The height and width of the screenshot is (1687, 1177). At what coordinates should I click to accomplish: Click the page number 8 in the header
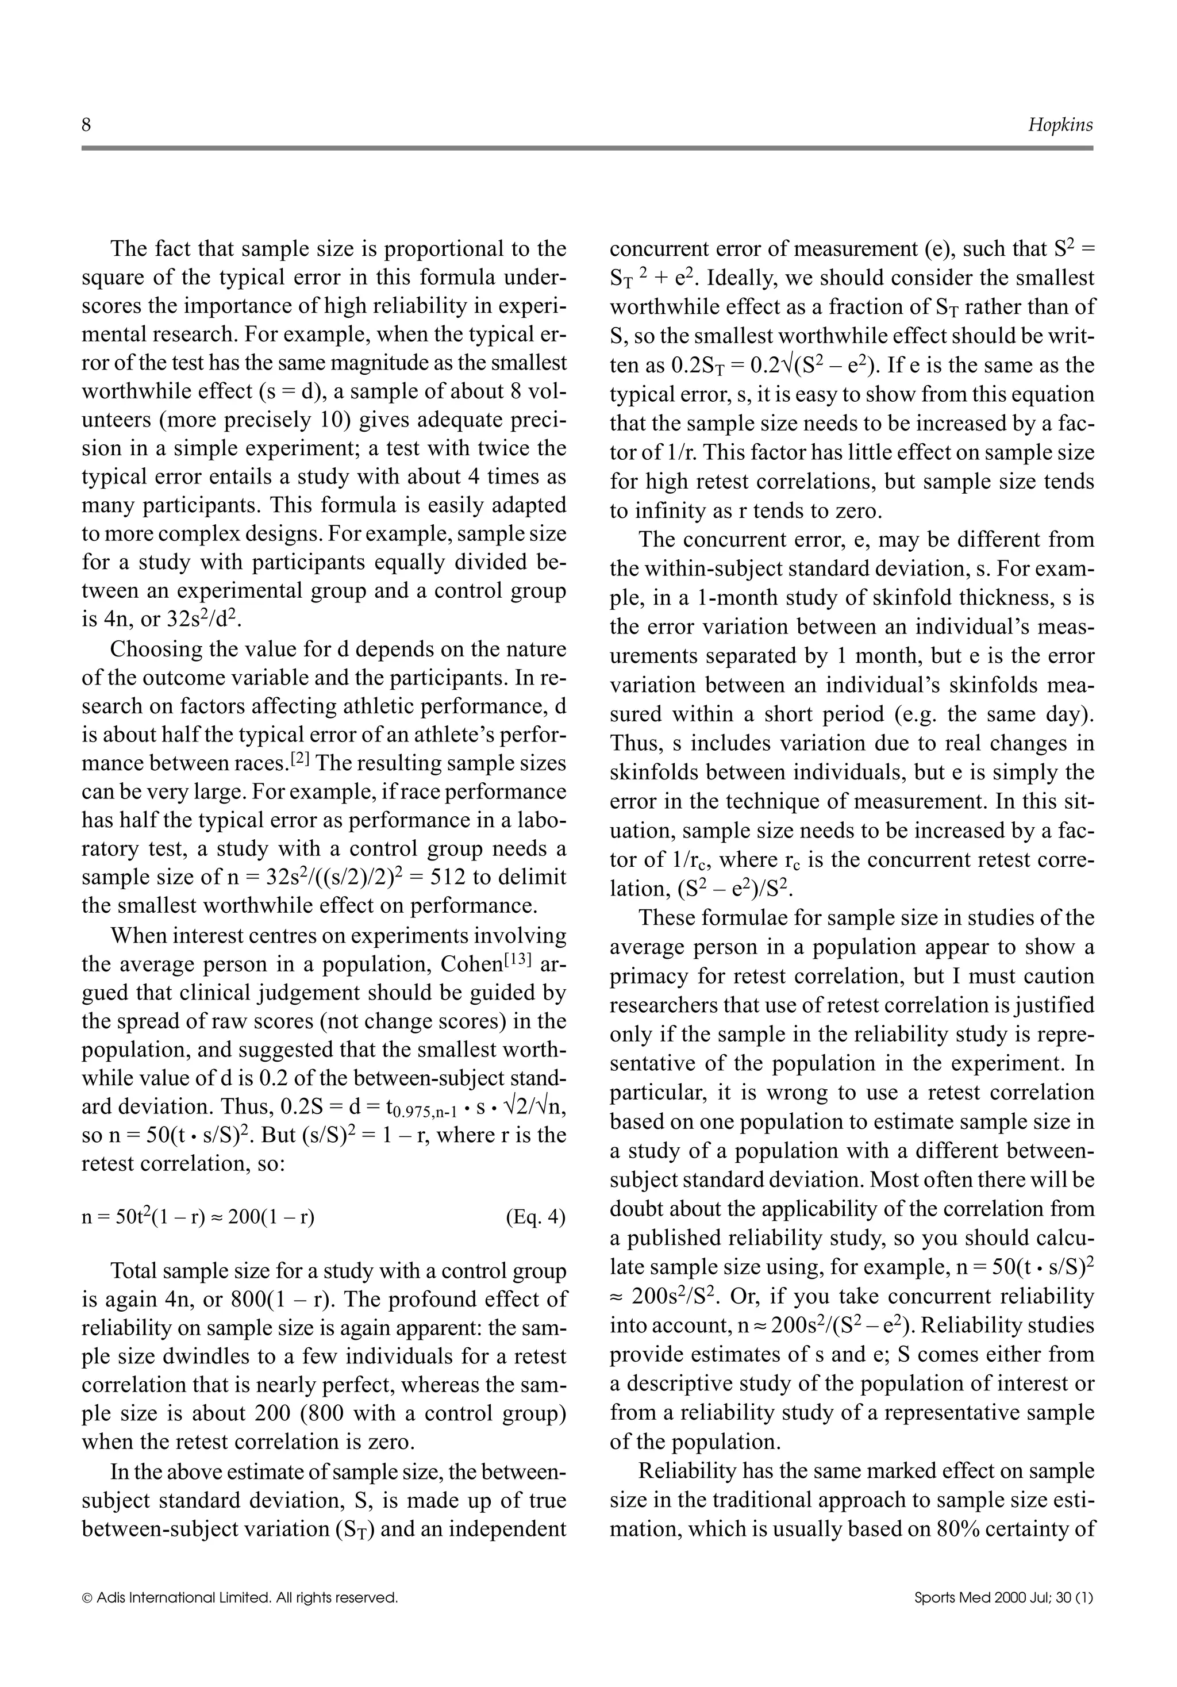click(x=87, y=126)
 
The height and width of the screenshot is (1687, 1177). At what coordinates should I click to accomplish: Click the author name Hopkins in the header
click(x=1060, y=126)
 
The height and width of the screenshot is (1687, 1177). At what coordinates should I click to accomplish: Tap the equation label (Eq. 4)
click(x=536, y=1217)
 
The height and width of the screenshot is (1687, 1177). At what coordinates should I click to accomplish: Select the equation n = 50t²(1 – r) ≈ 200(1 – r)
click(x=198, y=1217)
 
